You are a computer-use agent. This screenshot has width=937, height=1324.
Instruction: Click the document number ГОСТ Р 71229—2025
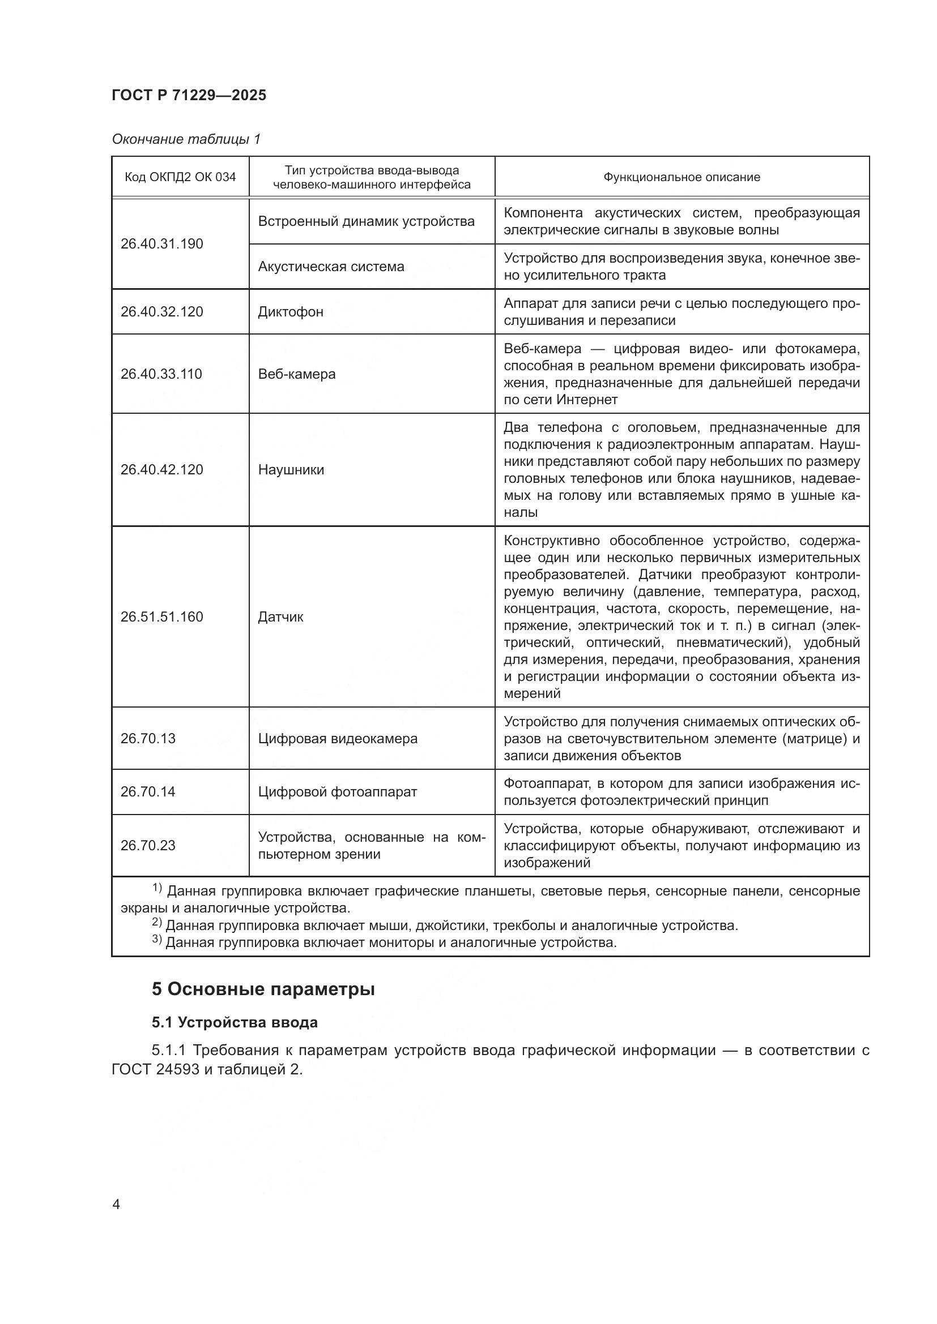coord(189,95)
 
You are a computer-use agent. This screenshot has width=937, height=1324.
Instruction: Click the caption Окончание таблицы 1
coord(186,139)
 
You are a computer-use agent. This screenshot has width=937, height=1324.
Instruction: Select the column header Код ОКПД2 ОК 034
coord(180,177)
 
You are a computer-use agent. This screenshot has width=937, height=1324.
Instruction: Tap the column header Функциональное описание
coord(682,177)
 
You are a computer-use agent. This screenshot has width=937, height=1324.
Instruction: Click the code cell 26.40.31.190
coord(161,244)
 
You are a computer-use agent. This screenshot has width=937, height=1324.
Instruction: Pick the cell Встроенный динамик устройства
coord(366,221)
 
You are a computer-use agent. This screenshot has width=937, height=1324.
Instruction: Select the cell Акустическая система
coord(331,267)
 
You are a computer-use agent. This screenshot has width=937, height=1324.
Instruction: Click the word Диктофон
coord(290,312)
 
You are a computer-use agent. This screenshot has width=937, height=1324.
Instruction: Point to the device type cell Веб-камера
coord(296,374)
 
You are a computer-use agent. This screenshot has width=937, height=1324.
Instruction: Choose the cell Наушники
coord(291,469)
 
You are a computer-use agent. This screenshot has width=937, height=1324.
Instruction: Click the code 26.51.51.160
coord(161,616)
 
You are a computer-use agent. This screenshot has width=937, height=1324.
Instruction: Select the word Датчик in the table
coord(280,616)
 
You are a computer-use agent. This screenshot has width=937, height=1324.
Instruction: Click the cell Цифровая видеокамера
coord(338,738)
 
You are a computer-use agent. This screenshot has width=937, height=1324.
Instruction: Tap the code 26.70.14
coord(148,791)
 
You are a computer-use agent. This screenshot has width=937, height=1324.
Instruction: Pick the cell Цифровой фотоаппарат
coord(337,791)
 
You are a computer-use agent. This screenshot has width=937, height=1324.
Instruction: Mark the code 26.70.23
coord(148,845)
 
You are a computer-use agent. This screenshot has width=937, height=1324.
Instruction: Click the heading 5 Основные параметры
coord(263,989)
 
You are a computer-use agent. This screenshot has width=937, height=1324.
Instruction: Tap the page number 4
coord(116,1205)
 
